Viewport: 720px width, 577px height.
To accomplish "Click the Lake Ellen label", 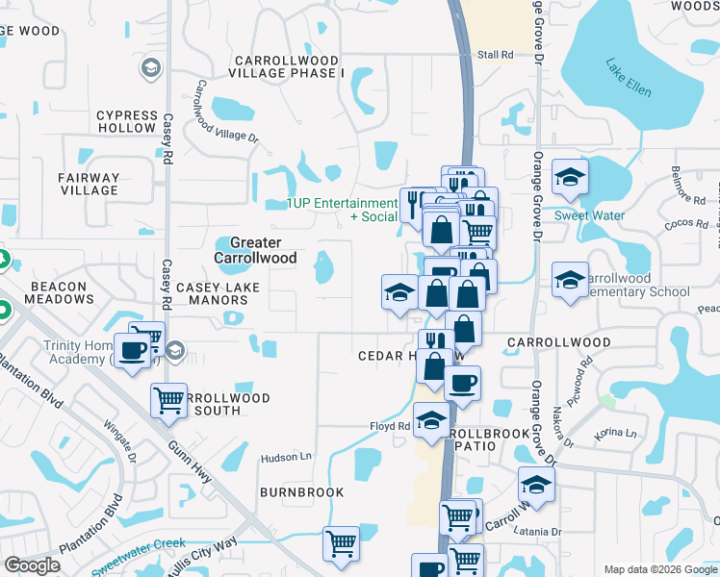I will pyautogui.click(x=629, y=79).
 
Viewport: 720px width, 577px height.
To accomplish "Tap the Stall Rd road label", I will pyautogui.click(x=495, y=55).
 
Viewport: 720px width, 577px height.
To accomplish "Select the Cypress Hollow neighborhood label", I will pyautogui.click(x=126, y=121).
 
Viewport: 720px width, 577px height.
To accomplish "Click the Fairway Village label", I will pyautogui.click(x=90, y=184).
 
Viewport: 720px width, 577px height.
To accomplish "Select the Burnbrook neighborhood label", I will pyautogui.click(x=301, y=492).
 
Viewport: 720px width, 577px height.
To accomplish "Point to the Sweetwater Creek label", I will pyautogui.click(x=139, y=557).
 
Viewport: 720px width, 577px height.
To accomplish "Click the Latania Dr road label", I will pyautogui.click(x=537, y=532).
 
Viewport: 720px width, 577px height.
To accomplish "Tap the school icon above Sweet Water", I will pyautogui.click(x=570, y=178).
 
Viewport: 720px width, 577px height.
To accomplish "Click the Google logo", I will pyautogui.click(x=32, y=565).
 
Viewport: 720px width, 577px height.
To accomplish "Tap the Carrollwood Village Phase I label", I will pyautogui.click(x=287, y=66).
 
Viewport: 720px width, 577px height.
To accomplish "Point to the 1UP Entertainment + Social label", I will pyautogui.click(x=343, y=210).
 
